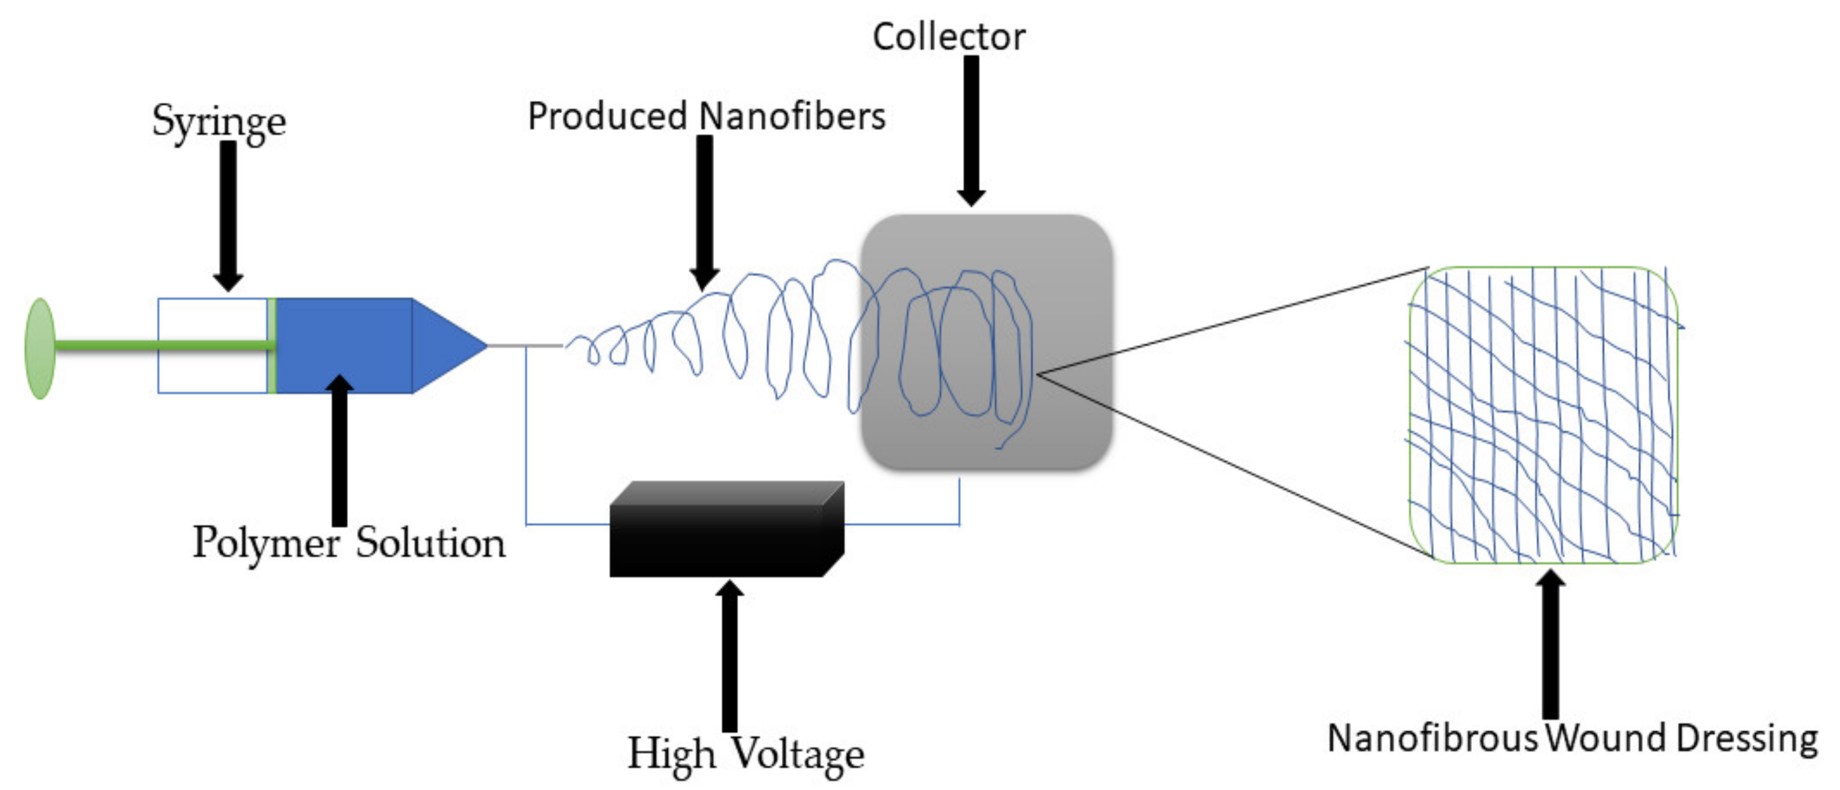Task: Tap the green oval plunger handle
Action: tap(40, 348)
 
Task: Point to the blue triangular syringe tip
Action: tap(446, 346)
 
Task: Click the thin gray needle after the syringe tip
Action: tap(525, 346)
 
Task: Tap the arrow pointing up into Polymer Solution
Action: tap(339, 450)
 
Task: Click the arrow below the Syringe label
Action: tap(228, 214)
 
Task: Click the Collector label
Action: tap(948, 37)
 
